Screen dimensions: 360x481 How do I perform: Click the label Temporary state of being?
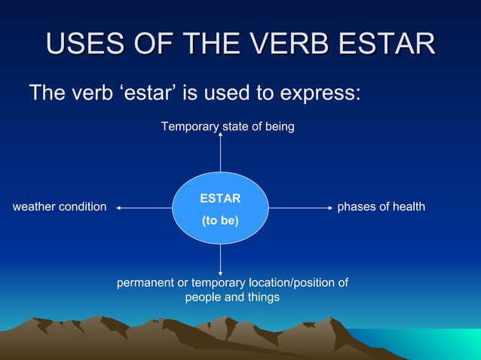click(x=228, y=127)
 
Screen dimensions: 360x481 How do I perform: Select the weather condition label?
click(x=60, y=206)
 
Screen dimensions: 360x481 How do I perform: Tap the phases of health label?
click(x=381, y=206)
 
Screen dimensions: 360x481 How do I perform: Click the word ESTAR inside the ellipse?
click(x=220, y=199)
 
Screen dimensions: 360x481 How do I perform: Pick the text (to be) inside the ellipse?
click(x=220, y=221)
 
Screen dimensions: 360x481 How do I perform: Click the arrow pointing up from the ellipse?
click(x=220, y=154)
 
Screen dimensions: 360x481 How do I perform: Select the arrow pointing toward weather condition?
click(x=143, y=207)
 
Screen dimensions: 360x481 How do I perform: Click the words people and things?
click(x=232, y=297)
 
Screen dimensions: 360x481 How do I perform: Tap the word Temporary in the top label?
click(x=189, y=127)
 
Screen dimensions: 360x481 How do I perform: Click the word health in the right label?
click(x=408, y=206)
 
